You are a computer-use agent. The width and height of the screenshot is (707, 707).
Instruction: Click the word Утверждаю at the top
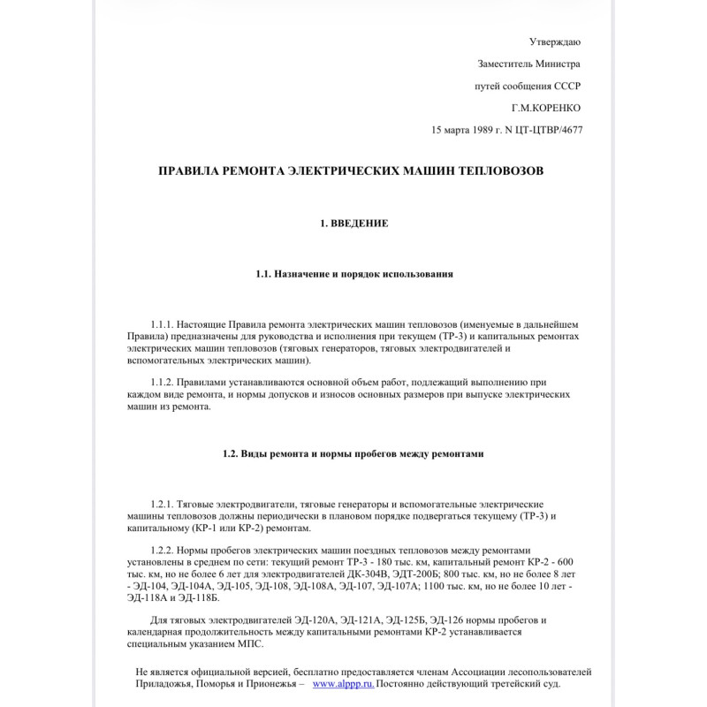[x=555, y=42]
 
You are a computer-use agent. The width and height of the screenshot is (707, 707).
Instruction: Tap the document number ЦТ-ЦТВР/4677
[x=549, y=130]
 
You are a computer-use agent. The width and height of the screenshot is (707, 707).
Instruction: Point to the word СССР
[x=567, y=86]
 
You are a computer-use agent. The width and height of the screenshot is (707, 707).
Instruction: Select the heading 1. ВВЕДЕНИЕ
[x=353, y=224]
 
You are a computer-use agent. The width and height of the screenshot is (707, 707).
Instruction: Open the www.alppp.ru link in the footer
[x=344, y=684]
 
